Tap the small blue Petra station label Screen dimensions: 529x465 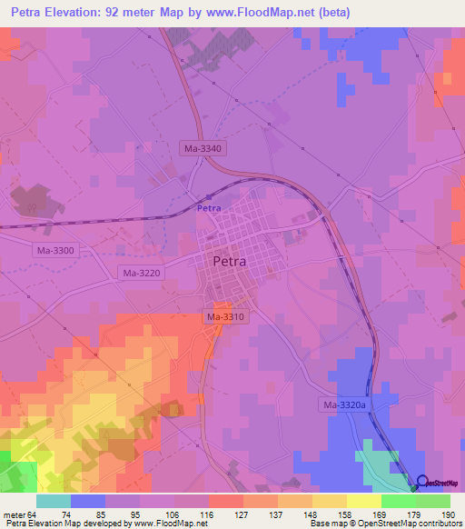[x=209, y=208]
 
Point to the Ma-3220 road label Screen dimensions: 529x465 [x=141, y=273]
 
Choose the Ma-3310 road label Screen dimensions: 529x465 [x=224, y=316]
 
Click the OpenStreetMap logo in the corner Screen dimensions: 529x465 [x=439, y=484]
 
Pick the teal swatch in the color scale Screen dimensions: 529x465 [x=54, y=501]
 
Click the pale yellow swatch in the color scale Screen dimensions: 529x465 [x=363, y=501]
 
